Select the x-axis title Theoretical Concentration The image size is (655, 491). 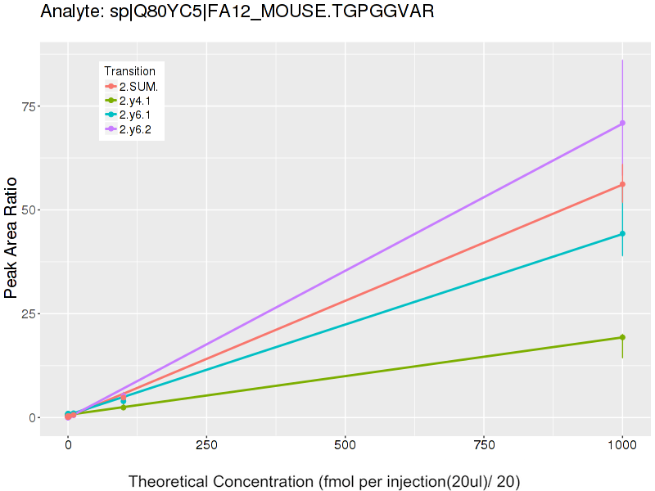(324, 481)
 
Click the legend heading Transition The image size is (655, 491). (129, 71)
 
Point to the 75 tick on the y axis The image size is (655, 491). (29, 106)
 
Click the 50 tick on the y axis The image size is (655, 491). (29, 209)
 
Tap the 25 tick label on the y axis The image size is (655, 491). (29, 313)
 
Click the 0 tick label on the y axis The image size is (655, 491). (33, 417)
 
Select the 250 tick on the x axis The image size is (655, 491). (206, 445)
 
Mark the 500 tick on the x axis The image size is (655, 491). (345, 445)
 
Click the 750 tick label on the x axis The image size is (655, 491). (484, 445)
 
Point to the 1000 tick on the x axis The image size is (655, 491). (622, 445)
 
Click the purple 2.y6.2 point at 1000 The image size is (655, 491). (622, 123)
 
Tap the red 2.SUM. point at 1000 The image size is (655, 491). (622, 184)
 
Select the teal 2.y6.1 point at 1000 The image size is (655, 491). (622, 233)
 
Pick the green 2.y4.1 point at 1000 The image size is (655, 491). (622, 337)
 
